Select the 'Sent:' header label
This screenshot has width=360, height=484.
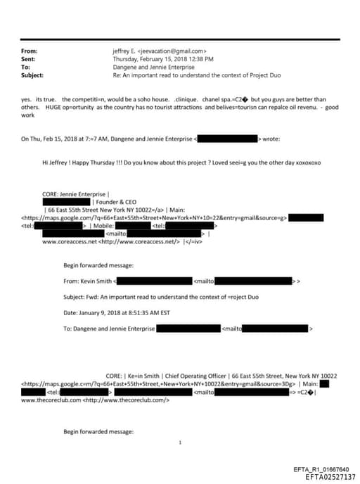[x=29, y=59]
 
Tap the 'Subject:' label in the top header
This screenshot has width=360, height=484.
[x=33, y=75]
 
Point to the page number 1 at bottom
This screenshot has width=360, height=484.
[x=180, y=442]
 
